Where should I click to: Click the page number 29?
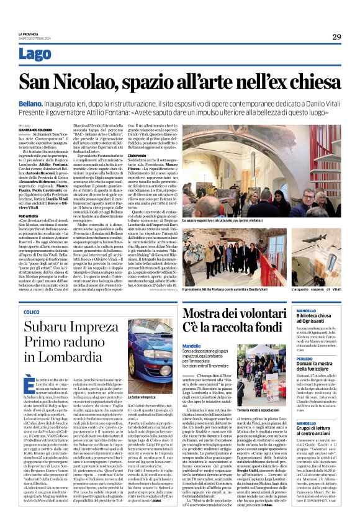pyautogui.click(x=336, y=37)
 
